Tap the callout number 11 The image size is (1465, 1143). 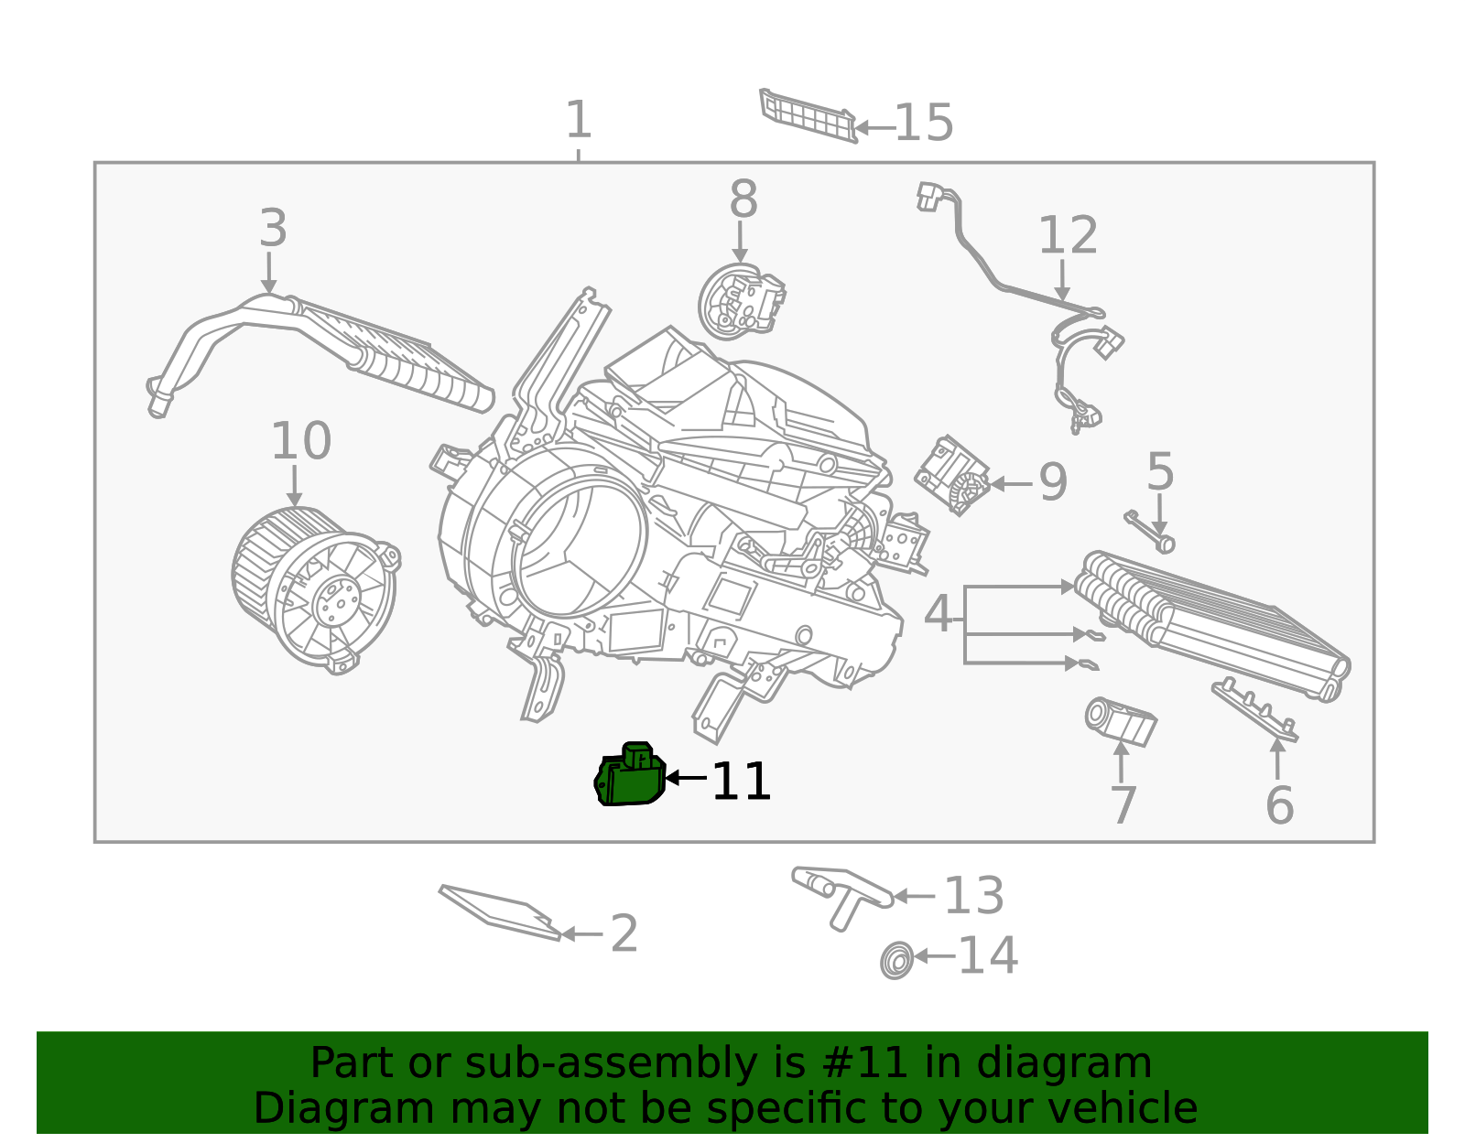click(x=741, y=782)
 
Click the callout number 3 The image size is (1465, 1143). click(x=273, y=228)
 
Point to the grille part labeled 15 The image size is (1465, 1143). click(x=808, y=115)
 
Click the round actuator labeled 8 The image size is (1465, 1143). click(x=741, y=301)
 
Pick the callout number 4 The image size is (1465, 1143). click(x=938, y=614)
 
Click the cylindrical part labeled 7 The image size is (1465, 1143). click(x=1120, y=721)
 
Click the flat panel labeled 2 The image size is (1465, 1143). click(x=499, y=911)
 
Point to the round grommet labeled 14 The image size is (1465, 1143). click(x=897, y=961)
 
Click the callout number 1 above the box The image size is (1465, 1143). click(x=578, y=120)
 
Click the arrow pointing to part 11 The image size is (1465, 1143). click(x=686, y=778)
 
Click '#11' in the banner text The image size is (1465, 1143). click(x=865, y=1063)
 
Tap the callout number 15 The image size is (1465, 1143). click(x=923, y=123)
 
